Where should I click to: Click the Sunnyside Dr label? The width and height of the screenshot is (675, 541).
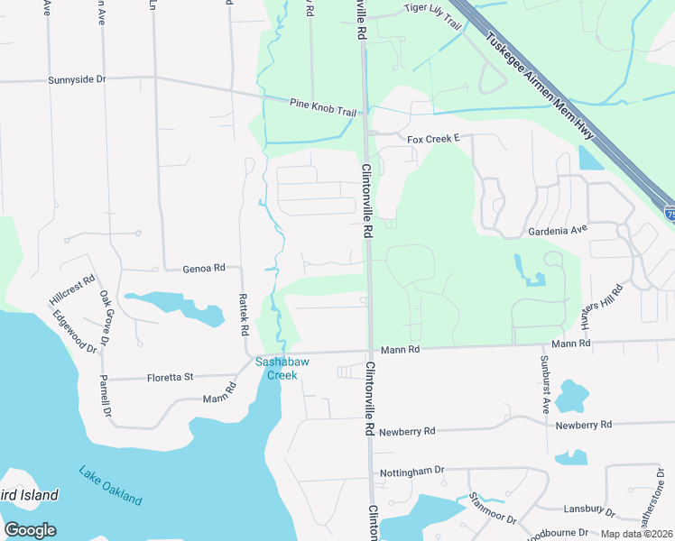click(x=77, y=80)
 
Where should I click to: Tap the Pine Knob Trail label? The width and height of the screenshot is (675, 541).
click(x=323, y=105)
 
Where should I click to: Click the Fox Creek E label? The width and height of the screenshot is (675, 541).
click(x=433, y=139)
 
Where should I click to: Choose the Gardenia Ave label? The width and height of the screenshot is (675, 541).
click(x=558, y=230)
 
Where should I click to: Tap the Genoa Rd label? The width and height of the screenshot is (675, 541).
click(x=203, y=269)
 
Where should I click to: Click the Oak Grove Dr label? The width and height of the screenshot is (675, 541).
click(x=106, y=316)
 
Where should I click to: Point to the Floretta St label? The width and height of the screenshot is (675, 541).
click(x=171, y=377)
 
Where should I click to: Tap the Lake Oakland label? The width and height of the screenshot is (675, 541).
click(x=110, y=485)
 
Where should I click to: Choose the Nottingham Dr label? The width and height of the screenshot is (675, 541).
click(x=412, y=470)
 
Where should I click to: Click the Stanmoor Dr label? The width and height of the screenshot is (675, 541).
click(x=493, y=509)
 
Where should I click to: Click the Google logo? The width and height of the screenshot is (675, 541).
click(x=30, y=530)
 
